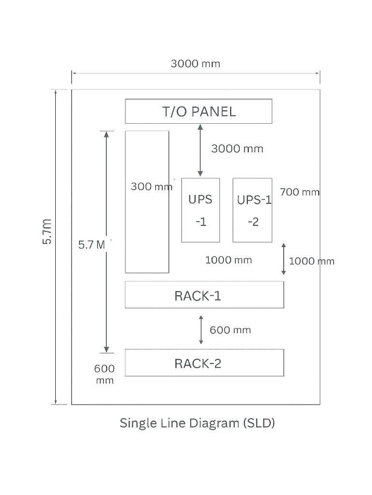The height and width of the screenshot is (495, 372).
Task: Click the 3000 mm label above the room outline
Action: [196, 64]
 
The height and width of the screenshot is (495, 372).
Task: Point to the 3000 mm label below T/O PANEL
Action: [237, 149]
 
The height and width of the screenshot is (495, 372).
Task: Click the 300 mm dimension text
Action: [152, 187]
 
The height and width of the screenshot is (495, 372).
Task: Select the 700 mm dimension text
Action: [299, 192]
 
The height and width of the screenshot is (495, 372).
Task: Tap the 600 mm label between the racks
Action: [230, 330]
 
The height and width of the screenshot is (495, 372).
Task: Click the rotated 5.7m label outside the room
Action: [47, 232]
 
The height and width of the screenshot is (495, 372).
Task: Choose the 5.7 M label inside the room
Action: [92, 245]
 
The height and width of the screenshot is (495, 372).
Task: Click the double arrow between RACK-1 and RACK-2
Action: [201, 330]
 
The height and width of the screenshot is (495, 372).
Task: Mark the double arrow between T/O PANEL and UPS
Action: [200, 150]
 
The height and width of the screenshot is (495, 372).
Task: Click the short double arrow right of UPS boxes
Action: [283, 259]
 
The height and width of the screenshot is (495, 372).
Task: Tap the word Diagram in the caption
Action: [214, 423]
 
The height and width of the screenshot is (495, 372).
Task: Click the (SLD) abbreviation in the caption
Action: [259, 423]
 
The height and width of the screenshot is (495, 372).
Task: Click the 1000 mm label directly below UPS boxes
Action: [229, 260]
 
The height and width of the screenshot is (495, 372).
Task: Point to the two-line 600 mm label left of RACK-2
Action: [105, 374]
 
